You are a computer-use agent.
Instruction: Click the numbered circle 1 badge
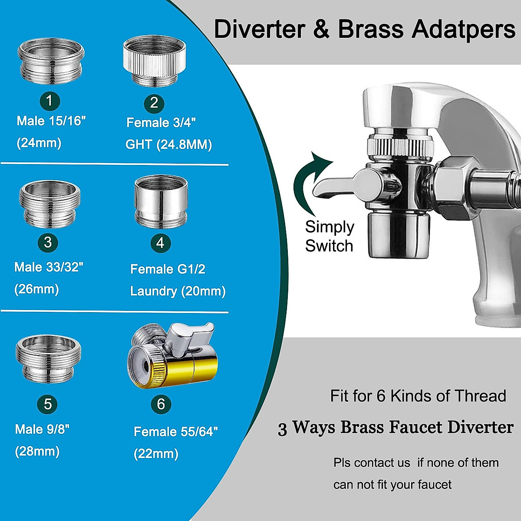tap(49, 101)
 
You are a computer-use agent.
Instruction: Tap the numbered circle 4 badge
tap(160, 243)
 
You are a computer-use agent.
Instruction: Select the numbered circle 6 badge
tap(161, 404)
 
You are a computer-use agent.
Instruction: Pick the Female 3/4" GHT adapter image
tap(154, 60)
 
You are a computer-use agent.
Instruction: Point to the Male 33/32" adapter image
tap(50, 204)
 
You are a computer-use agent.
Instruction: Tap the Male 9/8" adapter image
tap(49, 358)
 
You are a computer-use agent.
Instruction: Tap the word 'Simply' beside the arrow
tap(330, 227)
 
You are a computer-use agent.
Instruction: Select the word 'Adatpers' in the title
tap(463, 30)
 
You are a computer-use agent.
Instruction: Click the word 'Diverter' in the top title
tap(260, 29)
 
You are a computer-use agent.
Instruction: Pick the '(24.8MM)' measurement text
tap(184, 144)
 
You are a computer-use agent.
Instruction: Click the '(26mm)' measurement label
tap(36, 289)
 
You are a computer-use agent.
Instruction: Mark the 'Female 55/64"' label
tap(175, 432)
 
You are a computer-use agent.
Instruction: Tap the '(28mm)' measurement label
tap(37, 451)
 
